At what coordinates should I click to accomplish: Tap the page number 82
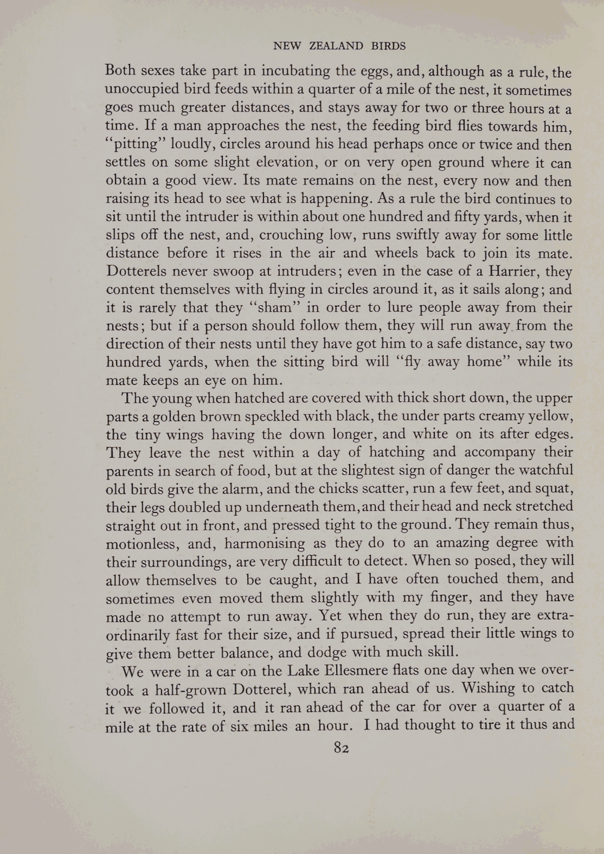pos(341,748)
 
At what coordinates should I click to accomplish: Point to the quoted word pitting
pos(131,145)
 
